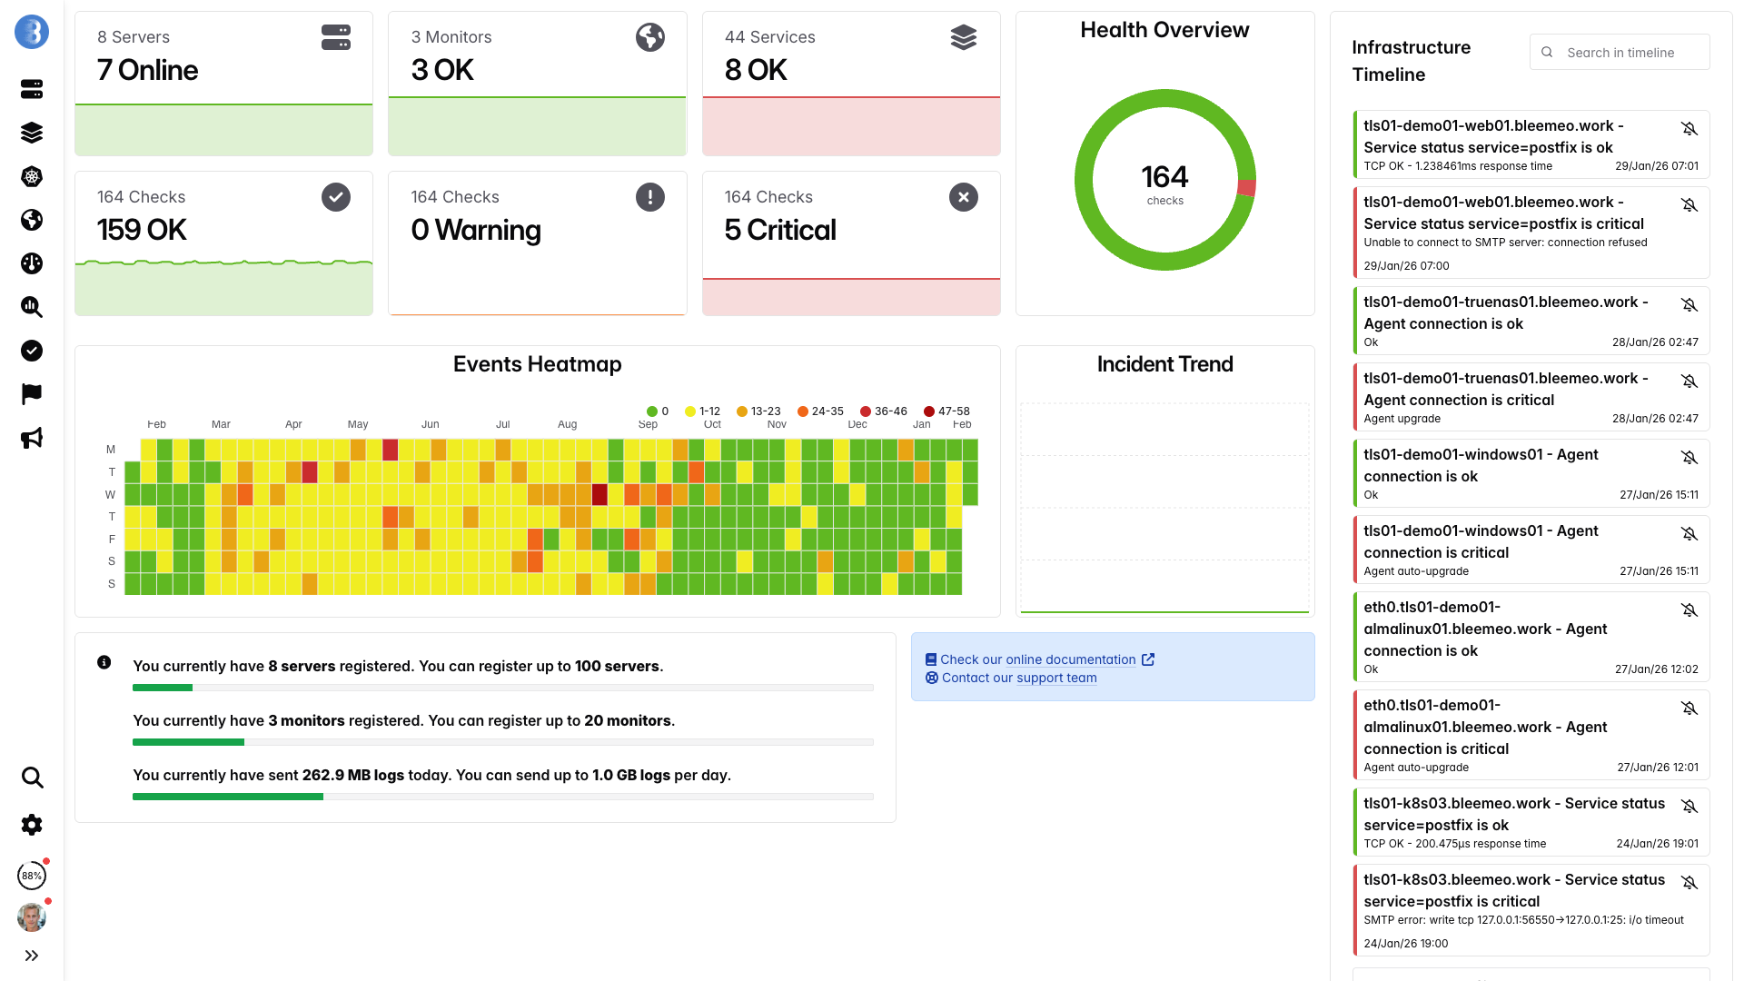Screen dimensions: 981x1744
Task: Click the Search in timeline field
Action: (x=1626, y=53)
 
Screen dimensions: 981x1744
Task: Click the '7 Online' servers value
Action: (x=147, y=71)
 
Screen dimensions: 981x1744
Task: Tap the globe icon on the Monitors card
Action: (x=649, y=37)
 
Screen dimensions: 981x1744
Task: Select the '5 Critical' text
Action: (x=779, y=231)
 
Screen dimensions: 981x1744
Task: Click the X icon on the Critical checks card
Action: (x=963, y=197)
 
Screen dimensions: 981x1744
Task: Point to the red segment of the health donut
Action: (x=1246, y=188)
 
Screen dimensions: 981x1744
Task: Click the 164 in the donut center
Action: (x=1164, y=177)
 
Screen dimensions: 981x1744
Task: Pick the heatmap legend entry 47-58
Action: (x=946, y=411)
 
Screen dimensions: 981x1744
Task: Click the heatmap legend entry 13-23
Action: (x=759, y=411)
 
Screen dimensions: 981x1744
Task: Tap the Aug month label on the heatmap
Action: (x=567, y=424)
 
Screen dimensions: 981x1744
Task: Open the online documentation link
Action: (x=1037, y=659)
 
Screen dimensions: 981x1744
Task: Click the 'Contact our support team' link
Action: (x=1018, y=678)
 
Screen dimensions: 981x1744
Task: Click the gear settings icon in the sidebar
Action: (x=32, y=825)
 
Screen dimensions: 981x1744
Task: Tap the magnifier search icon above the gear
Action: (x=32, y=778)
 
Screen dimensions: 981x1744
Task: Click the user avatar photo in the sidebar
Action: (x=32, y=917)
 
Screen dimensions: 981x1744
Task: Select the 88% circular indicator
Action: (x=32, y=876)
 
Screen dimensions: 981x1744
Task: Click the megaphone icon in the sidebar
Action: (x=32, y=439)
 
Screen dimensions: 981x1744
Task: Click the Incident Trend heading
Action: (x=1164, y=364)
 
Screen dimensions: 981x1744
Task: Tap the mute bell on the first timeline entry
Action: (x=1689, y=129)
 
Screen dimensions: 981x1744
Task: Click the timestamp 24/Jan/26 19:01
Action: (x=1657, y=844)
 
